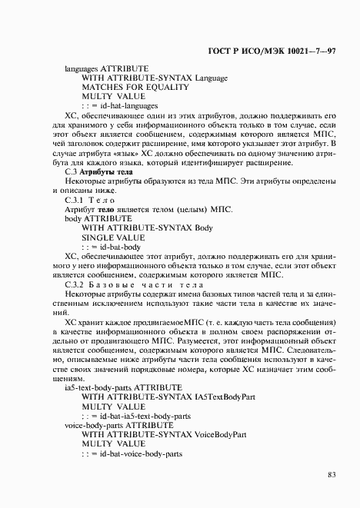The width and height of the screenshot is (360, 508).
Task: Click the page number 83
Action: coord(331,474)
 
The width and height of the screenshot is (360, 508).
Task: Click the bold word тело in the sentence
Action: coord(105,210)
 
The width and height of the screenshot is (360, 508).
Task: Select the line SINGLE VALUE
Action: coord(113,238)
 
